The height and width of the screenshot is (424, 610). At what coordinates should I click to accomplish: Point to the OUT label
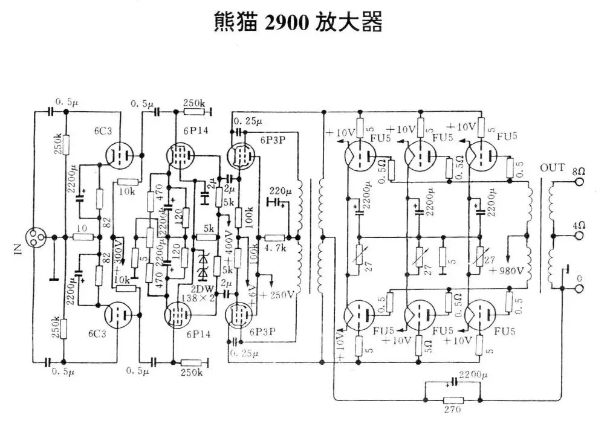[x=552, y=167]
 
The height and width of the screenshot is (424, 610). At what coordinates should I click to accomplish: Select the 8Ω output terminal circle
[x=579, y=181]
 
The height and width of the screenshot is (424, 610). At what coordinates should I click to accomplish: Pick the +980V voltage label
[x=512, y=269]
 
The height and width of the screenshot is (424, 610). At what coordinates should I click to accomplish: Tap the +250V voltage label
[x=277, y=294]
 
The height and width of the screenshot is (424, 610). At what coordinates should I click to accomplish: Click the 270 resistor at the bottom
[x=453, y=400]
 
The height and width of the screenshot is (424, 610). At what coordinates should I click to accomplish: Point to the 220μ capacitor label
[x=280, y=189]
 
